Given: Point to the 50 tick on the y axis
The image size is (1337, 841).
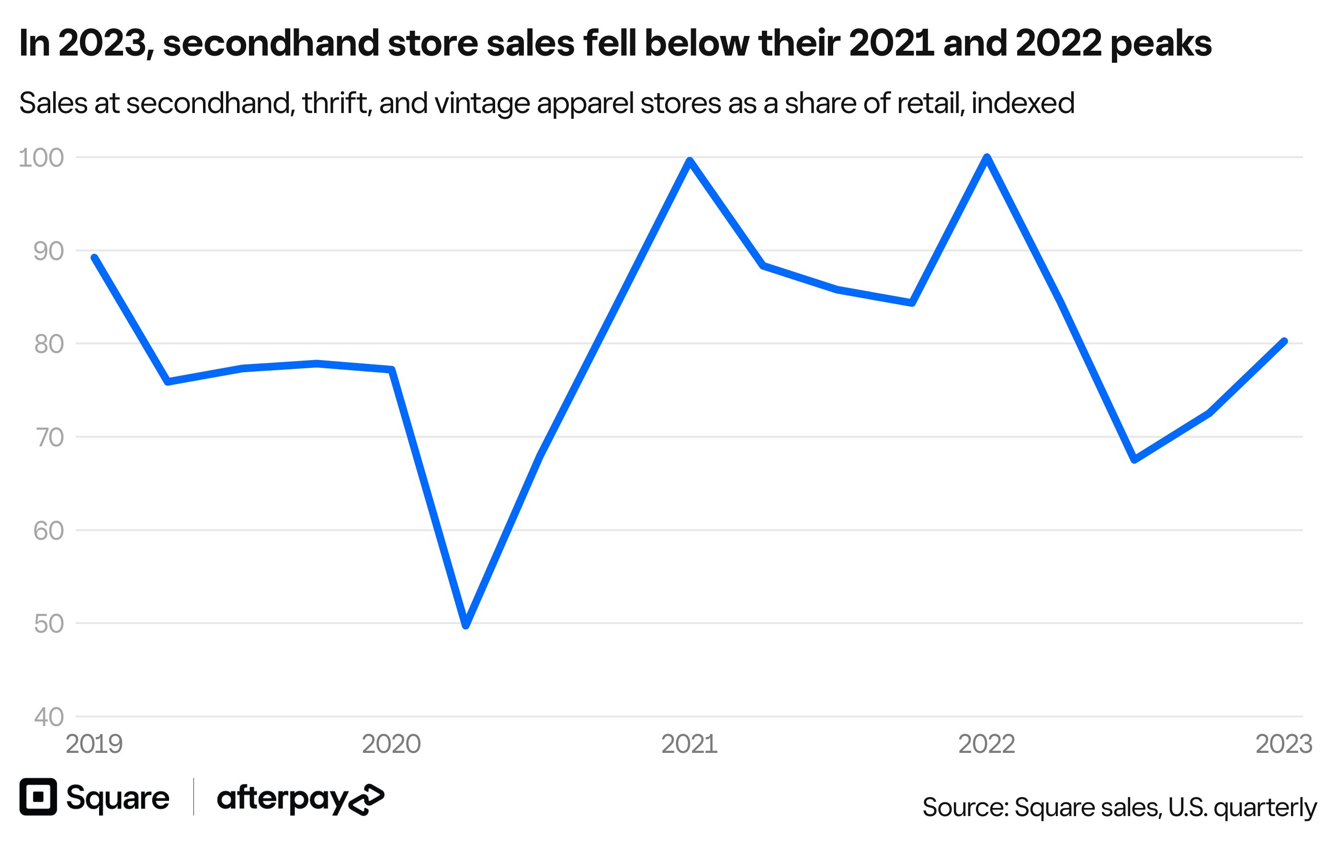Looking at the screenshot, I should [x=49, y=624].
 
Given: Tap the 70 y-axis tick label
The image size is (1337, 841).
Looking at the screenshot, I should [x=49, y=438].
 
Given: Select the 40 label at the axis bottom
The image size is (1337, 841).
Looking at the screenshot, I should [x=49, y=717].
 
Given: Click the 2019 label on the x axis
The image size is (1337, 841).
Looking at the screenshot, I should [x=94, y=744].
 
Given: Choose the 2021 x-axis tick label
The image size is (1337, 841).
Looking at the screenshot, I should [x=689, y=744].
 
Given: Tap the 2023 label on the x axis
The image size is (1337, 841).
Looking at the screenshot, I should [x=1284, y=744].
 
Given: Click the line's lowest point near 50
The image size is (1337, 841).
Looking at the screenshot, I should [x=466, y=625].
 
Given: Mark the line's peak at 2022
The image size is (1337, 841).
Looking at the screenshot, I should [x=986, y=158].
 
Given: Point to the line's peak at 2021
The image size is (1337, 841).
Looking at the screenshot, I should [x=689, y=161].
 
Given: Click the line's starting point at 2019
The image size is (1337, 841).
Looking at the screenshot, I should [x=94, y=258].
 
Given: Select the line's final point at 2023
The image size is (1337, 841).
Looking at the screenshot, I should [x=1284, y=341].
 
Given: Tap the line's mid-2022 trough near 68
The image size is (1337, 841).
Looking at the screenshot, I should [x=1135, y=459].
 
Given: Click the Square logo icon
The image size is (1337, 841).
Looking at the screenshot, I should [x=38, y=796].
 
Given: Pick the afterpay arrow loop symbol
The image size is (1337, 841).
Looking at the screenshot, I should [x=366, y=800].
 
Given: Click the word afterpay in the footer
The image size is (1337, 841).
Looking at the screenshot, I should [x=282, y=799].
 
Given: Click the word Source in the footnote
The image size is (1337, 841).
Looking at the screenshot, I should [x=964, y=807].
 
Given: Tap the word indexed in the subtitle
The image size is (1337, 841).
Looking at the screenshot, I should [x=1023, y=103].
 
